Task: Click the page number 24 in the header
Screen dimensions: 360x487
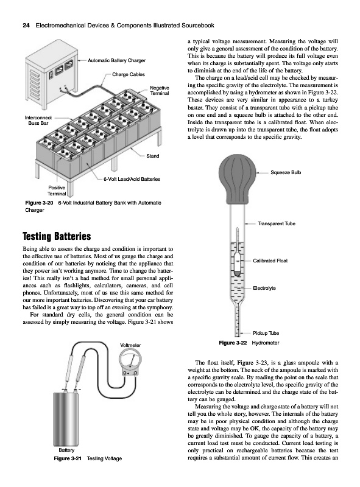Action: point(26,26)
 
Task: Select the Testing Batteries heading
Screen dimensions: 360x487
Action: point(57,236)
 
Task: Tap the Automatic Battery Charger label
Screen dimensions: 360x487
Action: point(116,60)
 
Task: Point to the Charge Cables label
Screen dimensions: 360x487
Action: point(129,74)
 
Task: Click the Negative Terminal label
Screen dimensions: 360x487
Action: point(160,90)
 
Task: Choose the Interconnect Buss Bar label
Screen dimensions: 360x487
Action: point(38,120)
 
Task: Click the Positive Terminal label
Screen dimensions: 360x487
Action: point(57,191)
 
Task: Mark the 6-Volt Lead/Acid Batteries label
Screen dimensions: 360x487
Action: point(132,179)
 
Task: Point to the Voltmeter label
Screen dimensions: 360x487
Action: point(130,345)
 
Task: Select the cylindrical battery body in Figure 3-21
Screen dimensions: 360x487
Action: point(66,419)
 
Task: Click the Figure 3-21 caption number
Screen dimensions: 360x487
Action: point(68,458)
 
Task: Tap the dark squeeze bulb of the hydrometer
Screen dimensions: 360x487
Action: point(238,180)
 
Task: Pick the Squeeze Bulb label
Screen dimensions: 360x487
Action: point(286,172)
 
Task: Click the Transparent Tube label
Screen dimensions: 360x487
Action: point(277,223)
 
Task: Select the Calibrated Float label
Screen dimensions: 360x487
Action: point(270,261)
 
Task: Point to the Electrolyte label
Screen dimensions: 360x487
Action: point(264,288)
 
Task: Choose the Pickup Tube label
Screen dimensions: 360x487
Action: point(266,333)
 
